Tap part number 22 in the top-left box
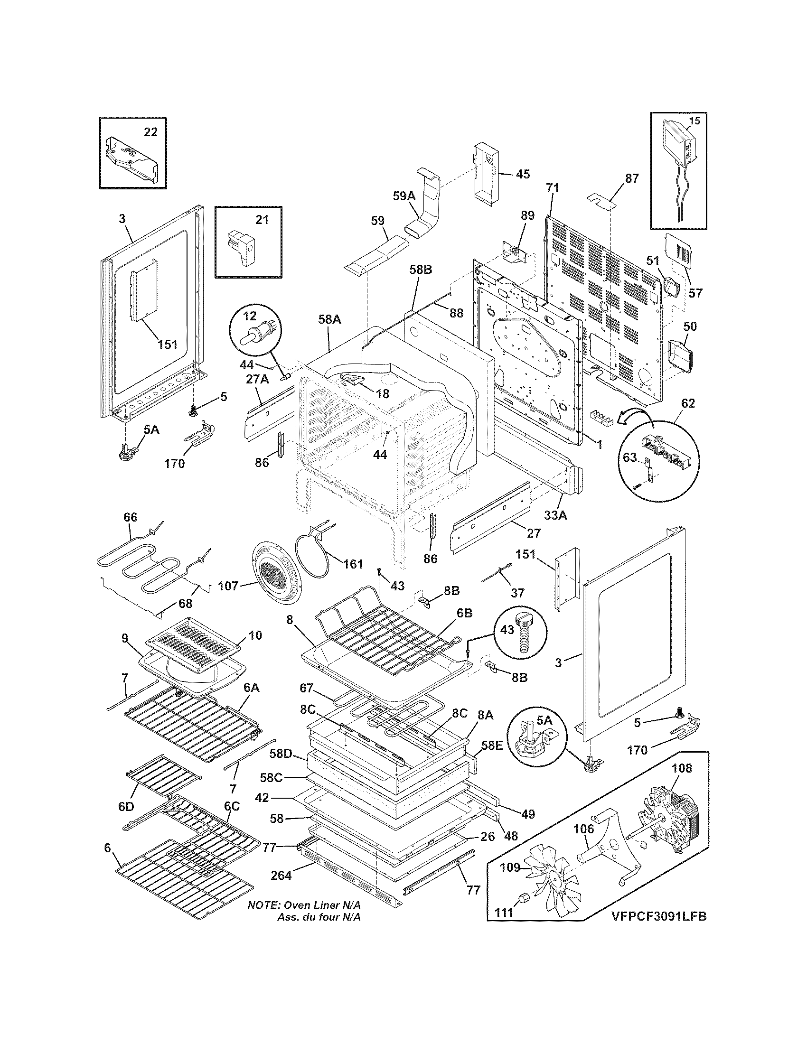(x=150, y=132)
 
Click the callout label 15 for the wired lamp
(x=694, y=121)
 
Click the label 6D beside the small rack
(x=126, y=806)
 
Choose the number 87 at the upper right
(x=631, y=178)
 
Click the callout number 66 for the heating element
(x=131, y=517)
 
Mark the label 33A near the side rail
(x=555, y=516)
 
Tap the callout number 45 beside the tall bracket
(x=523, y=174)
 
